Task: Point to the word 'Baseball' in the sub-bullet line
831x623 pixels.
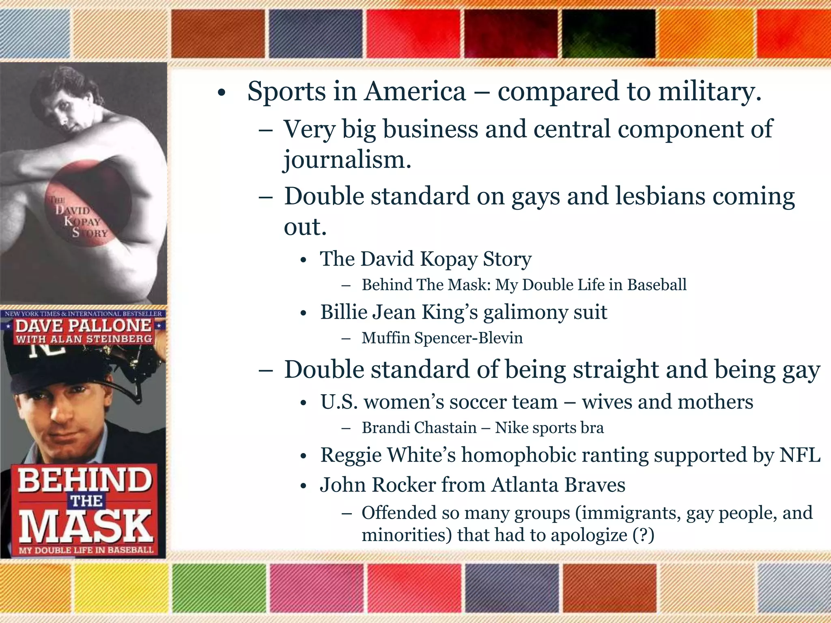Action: (x=657, y=285)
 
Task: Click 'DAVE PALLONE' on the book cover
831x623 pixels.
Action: (x=83, y=326)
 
